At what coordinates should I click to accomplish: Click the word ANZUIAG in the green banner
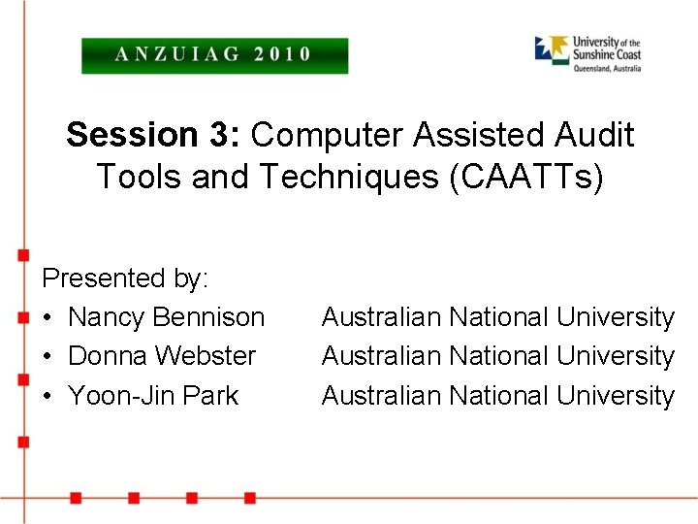pos(179,54)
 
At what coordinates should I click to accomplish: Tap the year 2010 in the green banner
pos(282,54)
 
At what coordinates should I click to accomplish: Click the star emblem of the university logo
pos(552,49)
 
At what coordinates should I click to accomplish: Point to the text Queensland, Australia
pos(607,68)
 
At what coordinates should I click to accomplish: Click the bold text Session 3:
pos(154,136)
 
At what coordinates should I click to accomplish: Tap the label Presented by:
pos(125,278)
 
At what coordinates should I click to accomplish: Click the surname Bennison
pos(208,317)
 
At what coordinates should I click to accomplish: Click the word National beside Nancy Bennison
pos(498,317)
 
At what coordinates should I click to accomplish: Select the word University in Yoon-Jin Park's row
pos(616,396)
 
